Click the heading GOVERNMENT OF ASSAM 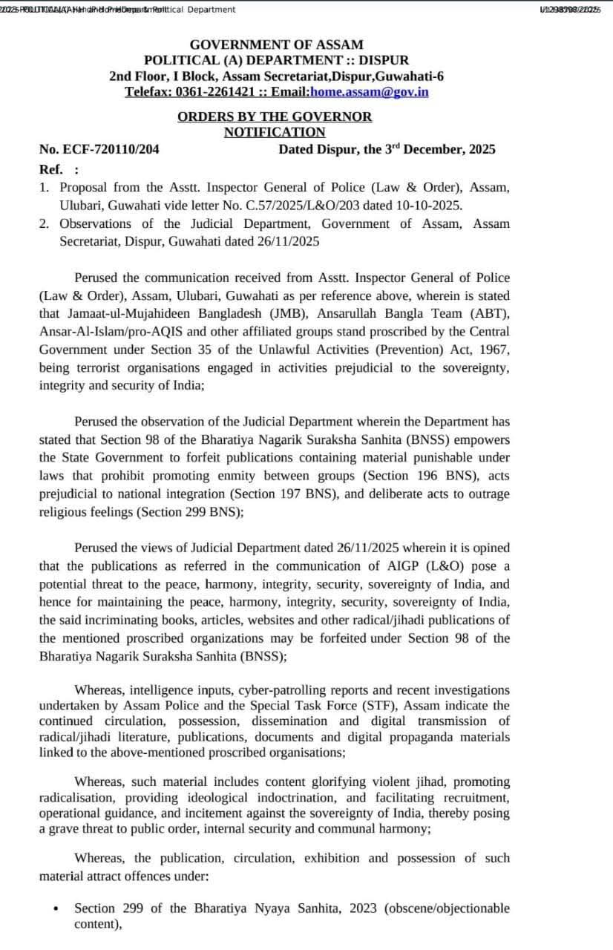coord(276,45)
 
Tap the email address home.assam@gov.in coord(369,91)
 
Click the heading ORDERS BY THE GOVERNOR coord(275,117)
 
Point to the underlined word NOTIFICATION coord(275,132)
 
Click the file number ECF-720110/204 coord(109,149)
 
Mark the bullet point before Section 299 coord(56,909)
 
